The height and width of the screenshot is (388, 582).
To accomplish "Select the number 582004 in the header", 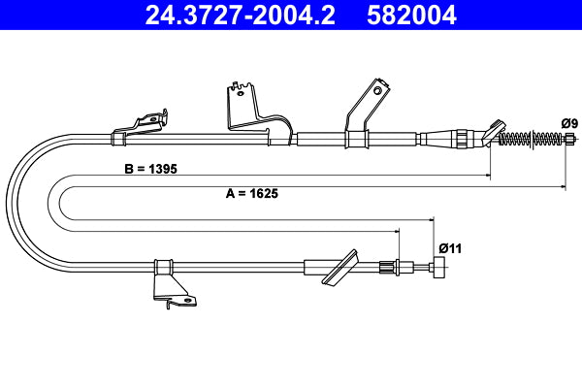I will [x=412, y=16].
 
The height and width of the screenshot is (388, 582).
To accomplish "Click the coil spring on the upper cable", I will [x=529, y=140].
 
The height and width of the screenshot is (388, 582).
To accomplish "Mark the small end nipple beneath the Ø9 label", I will [x=569, y=140].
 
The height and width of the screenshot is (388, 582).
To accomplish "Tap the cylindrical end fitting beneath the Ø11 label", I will [x=440, y=269].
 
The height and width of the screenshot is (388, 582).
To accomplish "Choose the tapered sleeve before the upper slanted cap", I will [x=456, y=139].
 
